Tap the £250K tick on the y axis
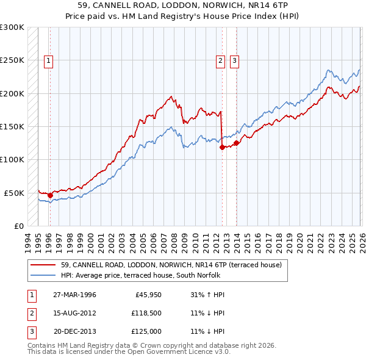coord(12,60)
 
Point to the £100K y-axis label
coord(12,159)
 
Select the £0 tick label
coord(17,226)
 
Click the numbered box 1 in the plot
coord(48,60)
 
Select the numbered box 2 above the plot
coord(220,60)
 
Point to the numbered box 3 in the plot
coord(234,60)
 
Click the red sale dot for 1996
coord(50,195)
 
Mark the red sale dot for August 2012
coord(222,147)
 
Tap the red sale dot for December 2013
coord(236,143)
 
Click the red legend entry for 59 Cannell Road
coord(171,265)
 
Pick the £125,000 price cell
coord(146,331)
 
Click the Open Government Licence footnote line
coord(129,352)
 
